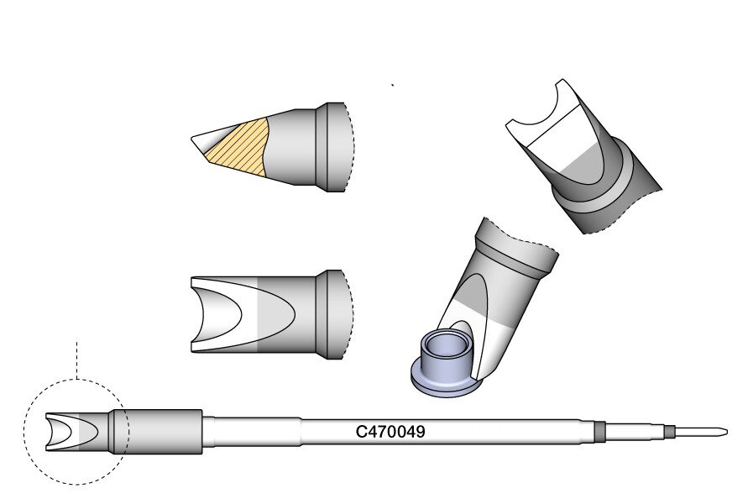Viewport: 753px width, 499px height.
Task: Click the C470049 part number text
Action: point(390,432)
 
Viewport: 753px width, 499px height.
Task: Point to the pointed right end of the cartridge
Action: point(726,432)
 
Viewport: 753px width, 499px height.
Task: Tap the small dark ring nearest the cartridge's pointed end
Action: point(667,431)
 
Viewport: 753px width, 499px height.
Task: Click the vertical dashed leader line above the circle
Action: point(77,360)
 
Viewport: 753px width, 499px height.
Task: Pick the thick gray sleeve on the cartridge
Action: point(155,432)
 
